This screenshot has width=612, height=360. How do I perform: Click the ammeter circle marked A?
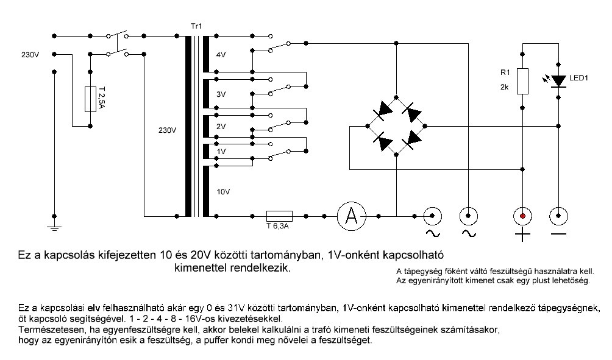coord(351,216)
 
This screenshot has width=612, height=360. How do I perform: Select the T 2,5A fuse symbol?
coord(90,98)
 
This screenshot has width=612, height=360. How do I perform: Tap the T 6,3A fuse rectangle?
coord(279,216)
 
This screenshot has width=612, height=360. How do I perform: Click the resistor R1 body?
coord(522,81)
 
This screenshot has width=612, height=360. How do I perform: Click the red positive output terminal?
coord(522,216)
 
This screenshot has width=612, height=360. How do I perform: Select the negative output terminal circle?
coord(558,216)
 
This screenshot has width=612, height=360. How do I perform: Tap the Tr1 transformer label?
coord(197,26)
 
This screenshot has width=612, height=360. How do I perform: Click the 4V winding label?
coord(221,54)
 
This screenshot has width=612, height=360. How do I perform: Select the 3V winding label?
coord(221,94)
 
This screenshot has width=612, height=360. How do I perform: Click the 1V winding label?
coord(221,150)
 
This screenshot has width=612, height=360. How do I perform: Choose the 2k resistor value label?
coord(504,86)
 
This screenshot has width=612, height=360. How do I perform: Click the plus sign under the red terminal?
coord(522,235)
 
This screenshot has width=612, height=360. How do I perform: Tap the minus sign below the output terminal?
coord(558,235)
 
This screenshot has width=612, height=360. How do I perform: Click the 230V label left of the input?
coord(29,55)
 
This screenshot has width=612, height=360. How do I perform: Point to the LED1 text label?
coord(578,79)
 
